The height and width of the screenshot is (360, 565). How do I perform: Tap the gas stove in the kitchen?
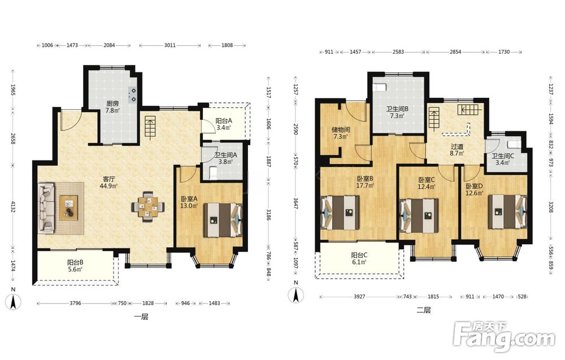[x=133, y=95]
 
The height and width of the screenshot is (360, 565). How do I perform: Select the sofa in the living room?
[x=46, y=207]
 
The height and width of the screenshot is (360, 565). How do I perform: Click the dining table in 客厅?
[x=148, y=206]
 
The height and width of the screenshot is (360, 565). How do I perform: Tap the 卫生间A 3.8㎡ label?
[x=225, y=159]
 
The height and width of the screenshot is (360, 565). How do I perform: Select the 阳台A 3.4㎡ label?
[x=224, y=124]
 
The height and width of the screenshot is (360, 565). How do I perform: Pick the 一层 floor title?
[x=141, y=317]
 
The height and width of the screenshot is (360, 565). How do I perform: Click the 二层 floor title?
[x=423, y=310]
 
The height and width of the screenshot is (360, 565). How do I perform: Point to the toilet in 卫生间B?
[x=380, y=87]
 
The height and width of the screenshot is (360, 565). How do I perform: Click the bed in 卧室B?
[x=341, y=212]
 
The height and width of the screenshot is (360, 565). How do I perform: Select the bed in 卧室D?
[x=507, y=212]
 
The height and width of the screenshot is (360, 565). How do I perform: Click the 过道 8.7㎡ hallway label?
[x=457, y=150]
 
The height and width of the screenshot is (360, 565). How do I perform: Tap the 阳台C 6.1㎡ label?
[x=359, y=259]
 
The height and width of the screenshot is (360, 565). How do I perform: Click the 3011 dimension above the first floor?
[x=169, y=45]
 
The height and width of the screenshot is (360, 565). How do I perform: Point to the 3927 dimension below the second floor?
[x=359, y=297]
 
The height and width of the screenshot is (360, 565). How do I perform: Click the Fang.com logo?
[x=505, y=337]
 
